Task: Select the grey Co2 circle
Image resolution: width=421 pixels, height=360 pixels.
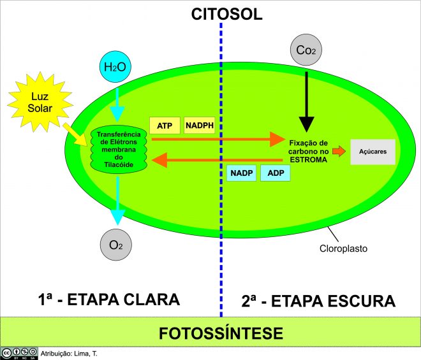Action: (x=306, y=51)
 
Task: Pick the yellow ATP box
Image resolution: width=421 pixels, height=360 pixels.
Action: (x=165, y=126)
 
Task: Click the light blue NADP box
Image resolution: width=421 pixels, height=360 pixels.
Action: (x=241, y=172)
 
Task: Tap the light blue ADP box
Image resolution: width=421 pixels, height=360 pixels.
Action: (x=276, y=172)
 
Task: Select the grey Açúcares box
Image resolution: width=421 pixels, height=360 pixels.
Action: (x=373, y=152)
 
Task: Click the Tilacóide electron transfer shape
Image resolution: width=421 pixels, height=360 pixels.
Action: (x=118, y=150)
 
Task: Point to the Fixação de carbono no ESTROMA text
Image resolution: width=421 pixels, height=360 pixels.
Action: (x=308, y=151)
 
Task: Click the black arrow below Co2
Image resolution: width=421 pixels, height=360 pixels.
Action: (x=306, y=102)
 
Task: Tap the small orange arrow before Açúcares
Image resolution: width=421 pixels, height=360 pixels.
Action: (x=339, y=152)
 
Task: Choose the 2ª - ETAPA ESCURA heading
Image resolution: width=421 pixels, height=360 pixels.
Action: (x=319, y=300)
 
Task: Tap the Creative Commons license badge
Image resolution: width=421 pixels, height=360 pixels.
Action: (x=18, y=352)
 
